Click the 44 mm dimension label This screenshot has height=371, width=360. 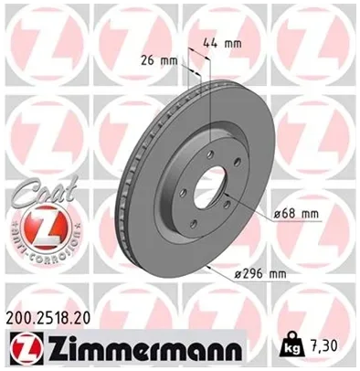pyautogui.click(x=222, y=44)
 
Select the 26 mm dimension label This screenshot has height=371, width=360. pyautogui.click(x=159, y=60)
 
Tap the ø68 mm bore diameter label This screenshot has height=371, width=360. pyautogui.click(x=296, y=214)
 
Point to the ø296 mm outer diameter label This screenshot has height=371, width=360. pyautogui.click(x=260, y=274)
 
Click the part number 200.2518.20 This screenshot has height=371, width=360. pyautogui.click(x=48, y=318)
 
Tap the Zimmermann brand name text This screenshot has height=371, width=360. pyautogui.click(x=143, y=347)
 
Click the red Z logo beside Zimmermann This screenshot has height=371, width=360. pyautogui.click(x=26, y=347)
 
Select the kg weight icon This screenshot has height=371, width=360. pyautogui.click(x=291, y=344)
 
